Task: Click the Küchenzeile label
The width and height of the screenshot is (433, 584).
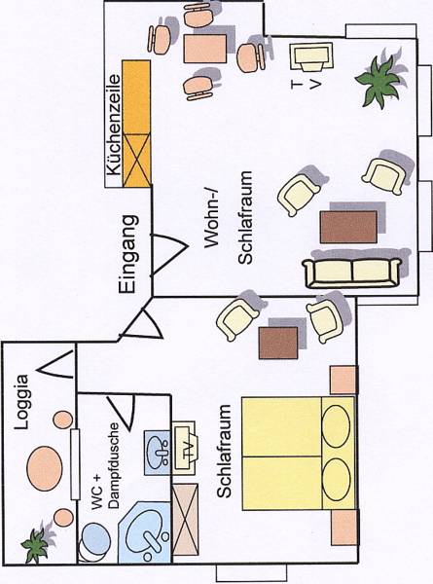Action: pyautogui.click(x=114, y=125)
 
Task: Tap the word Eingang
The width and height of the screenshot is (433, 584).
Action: pyautogui.click(x=128, y=254)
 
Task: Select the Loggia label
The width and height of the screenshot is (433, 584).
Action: pyautogui.click(x=20, y=402)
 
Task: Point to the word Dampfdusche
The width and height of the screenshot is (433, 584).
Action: pyautogui.click(x=115, y=466)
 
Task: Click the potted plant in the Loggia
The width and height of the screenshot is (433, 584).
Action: pyautogui.click(x=35, y=544)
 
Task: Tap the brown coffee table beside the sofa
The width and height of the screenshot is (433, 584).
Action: pyautogui.click(x=348, y=227)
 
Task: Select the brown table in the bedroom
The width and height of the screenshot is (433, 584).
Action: pyautogui.click(x=278, y=343)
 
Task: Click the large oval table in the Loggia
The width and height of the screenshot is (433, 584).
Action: pyautogui.click(x=45, y=468)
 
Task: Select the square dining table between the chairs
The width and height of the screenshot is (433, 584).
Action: pyautogui.click(x=205, y=49)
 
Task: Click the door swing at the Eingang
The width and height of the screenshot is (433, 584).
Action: pyautogui.click(x=168, y=255)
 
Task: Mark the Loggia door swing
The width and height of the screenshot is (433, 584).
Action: pyautogui.click(x=55, y=365)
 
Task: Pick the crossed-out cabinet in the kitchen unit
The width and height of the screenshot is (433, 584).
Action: pyautogui.click(x=136, y=160)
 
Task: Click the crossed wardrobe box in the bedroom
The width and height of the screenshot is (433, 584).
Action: pyautogui.click(x=186, y=519)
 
